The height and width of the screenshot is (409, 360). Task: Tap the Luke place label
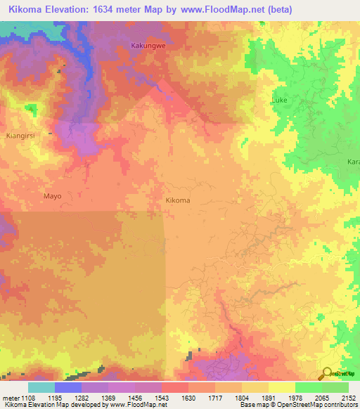point(279,101)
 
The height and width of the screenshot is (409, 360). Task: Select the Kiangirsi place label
point(20,115)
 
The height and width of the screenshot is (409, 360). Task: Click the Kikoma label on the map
point(177,200)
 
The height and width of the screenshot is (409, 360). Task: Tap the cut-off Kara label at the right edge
point(353,162)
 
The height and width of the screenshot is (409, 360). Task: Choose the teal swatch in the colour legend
point(41,387)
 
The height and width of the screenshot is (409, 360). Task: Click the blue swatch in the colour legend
point(67,387)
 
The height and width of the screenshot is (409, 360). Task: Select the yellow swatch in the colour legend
point(281,387)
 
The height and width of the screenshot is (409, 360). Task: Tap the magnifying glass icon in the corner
point(326,373)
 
